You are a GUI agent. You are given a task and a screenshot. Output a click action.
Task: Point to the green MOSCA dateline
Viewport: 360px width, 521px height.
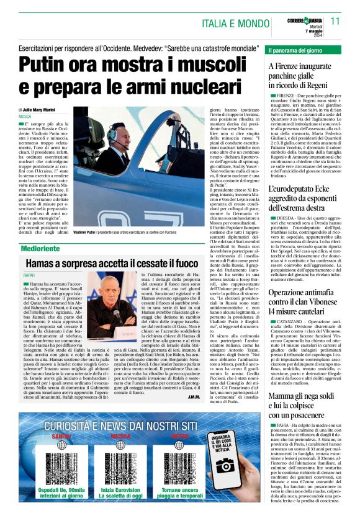click(x=25, y=116)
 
